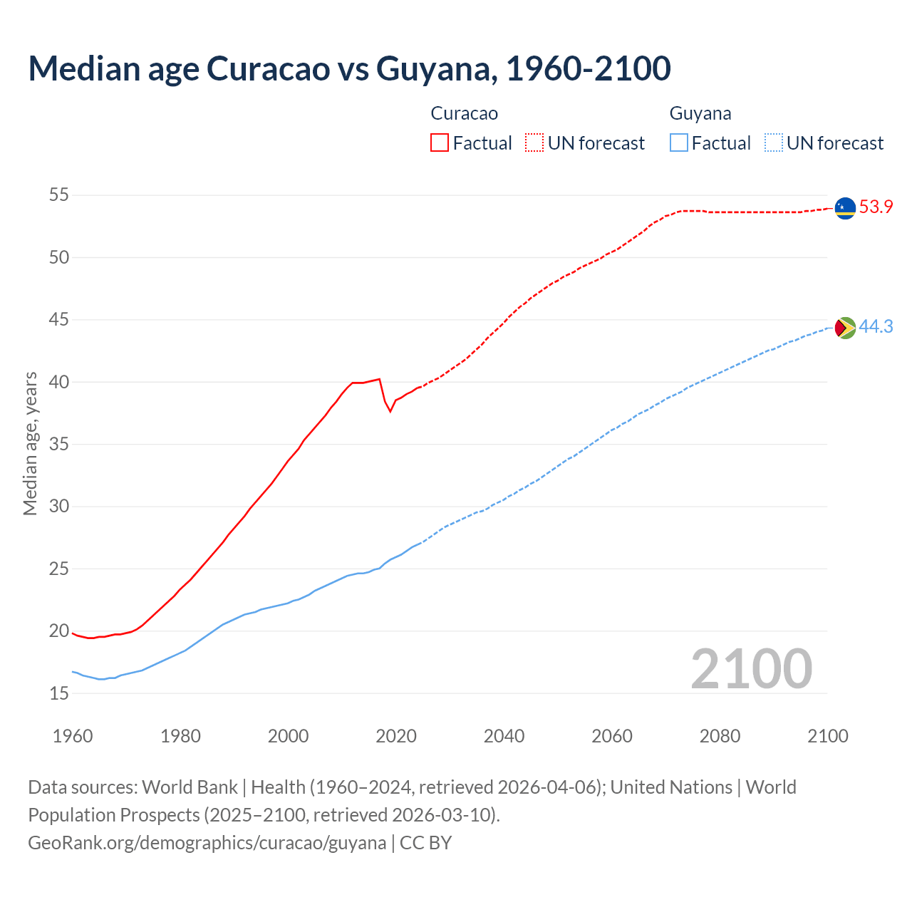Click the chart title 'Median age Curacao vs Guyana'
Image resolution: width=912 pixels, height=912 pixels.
point(349,68)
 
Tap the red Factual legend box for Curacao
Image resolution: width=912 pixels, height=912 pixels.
point(440,142)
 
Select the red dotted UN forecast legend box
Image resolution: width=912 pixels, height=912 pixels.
point(534,142)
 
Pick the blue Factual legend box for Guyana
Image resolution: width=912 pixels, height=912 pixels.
point(679,142)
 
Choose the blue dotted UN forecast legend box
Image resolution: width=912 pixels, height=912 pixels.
point(774,142)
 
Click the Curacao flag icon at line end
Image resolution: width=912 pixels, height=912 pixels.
point(845,208)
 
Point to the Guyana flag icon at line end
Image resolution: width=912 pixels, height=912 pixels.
point(845,328)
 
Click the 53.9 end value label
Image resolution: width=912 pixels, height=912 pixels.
point(876,207)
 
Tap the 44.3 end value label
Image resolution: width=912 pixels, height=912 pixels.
point(876,327)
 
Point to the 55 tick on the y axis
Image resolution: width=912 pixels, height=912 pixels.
point(59,195)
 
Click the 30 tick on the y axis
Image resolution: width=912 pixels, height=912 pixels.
point(59,507)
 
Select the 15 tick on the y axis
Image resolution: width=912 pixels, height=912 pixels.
point(59,693)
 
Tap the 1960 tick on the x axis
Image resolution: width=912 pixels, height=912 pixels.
point(73,736)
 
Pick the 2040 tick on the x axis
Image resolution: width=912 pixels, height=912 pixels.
point(504,736)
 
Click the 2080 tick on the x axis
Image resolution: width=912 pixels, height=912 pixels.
point(720,736)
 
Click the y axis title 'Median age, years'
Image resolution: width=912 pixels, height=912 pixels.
point(30,443)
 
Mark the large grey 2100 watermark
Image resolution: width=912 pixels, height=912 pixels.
point(752,668)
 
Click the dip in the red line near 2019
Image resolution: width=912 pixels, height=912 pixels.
point(390,411)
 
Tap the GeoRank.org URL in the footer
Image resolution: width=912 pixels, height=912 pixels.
point(207,843)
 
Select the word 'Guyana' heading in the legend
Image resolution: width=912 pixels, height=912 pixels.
point(700,113)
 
